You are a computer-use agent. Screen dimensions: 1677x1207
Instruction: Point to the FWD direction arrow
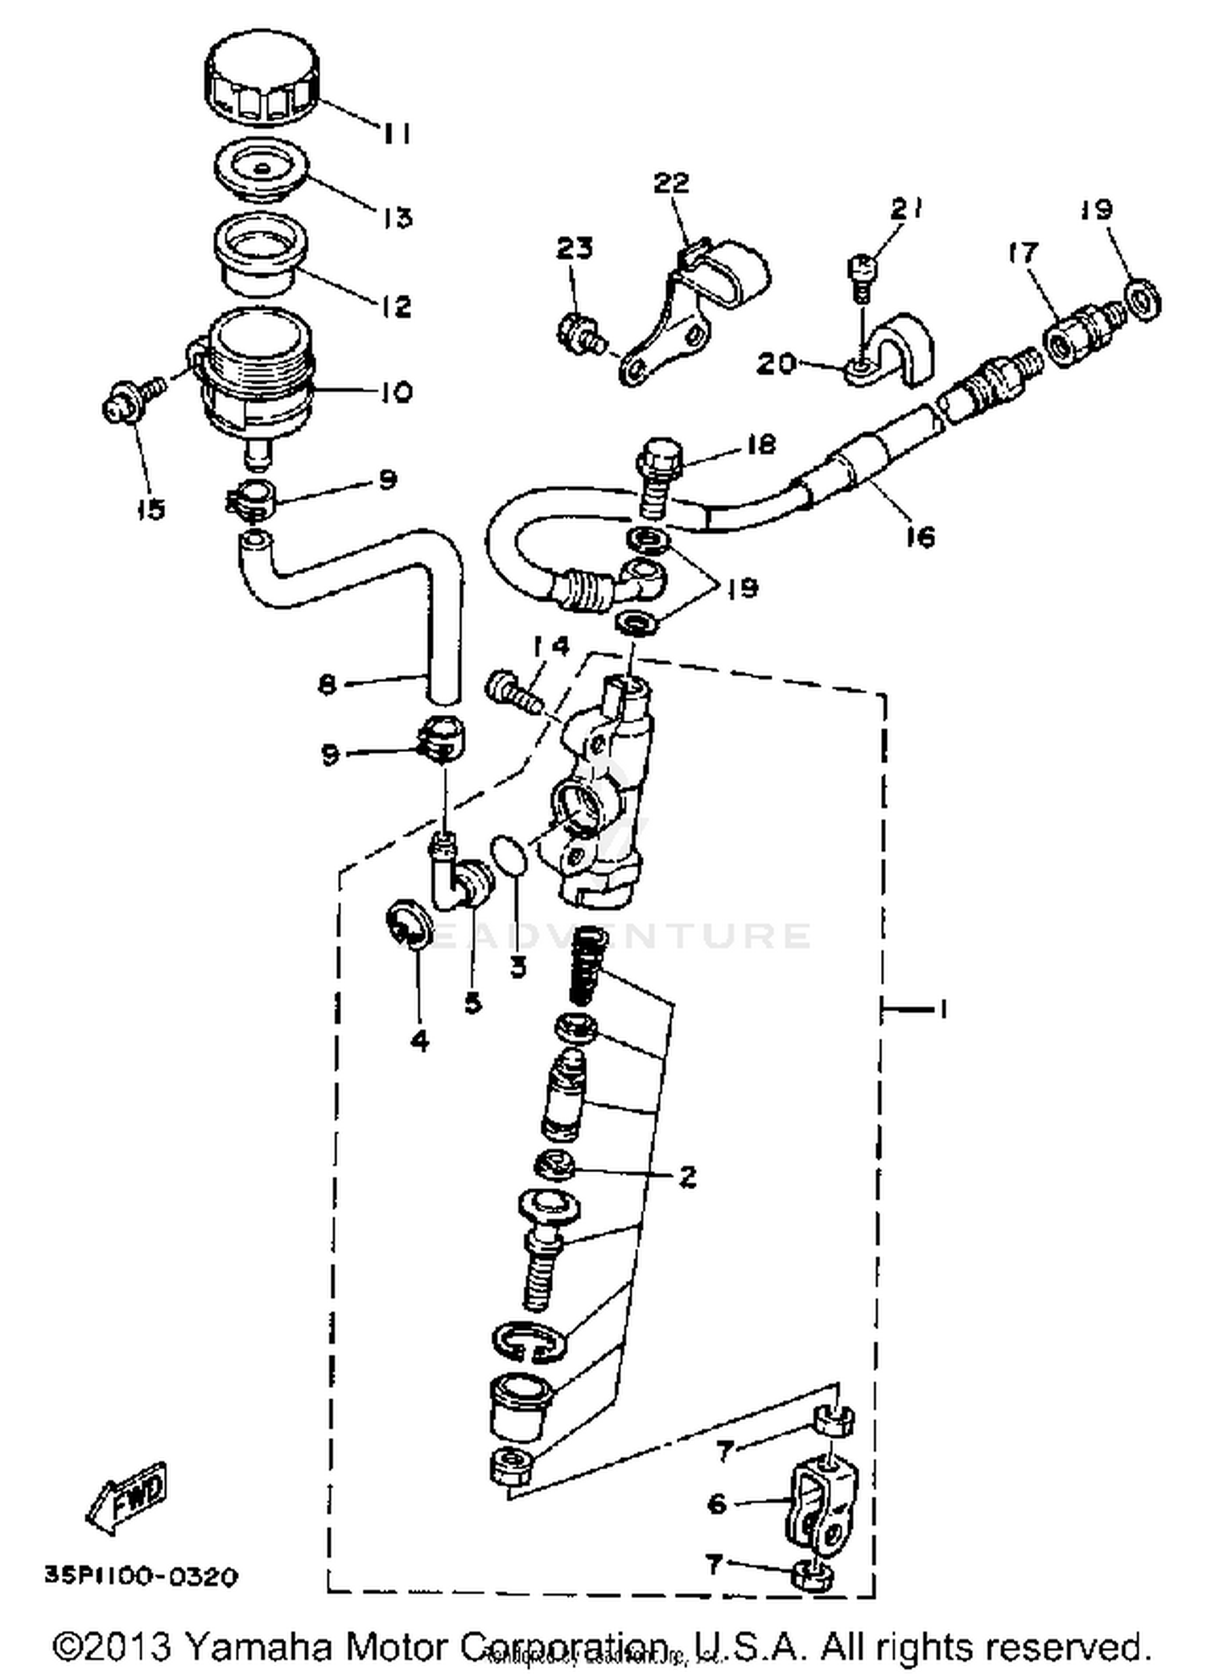click(x=129, y=1499)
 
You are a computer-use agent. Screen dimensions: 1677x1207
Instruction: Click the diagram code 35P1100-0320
click(x=141, y=1576)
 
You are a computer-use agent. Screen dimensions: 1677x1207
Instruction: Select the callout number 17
click(x=1024, y=253)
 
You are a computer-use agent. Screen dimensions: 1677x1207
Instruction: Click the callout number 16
click(x=920, y=536)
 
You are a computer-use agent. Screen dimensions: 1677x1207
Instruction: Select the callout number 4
click(x=419, y=1042)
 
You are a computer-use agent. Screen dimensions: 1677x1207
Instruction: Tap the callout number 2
click(x=687, y=1175)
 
